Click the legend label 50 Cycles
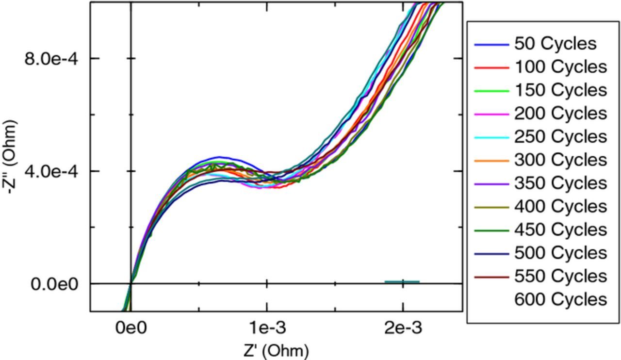point(555,44)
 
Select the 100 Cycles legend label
point(560,67)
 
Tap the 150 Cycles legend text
point(560,90)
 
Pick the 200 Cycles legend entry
point(560,114)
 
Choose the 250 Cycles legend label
point(560,137)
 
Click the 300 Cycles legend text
point(560,160)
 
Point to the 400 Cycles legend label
point(560,207)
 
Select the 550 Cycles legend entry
point(560,277)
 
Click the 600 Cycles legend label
point(560,300)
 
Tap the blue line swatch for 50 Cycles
point(491,45)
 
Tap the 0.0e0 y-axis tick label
point(54,284)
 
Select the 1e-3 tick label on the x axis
point(266,328)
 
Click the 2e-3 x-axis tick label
point(403,328)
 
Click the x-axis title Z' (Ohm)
point(276,350)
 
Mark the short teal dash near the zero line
point(402,281)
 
